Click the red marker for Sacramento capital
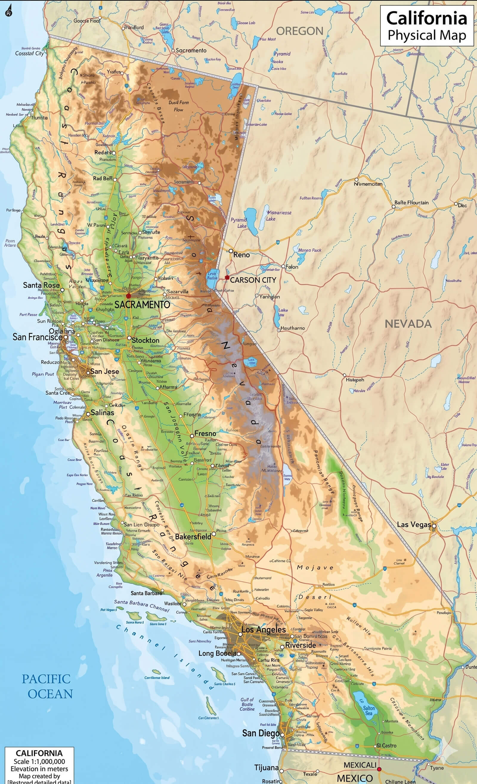(128, 296)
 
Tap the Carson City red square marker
(227, 278)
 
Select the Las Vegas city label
(413, 524)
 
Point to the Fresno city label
(205, 433)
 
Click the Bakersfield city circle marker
(213, 534)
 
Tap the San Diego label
(261, 733)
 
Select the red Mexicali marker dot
(379, 769)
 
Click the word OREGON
(299, 31)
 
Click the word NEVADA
(408, 324)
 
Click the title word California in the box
(426, 18)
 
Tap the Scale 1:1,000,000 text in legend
(39, 761)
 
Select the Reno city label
(241, 255)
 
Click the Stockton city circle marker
(129, 338)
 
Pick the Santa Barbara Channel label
(142, 605)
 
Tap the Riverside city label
(301, 645)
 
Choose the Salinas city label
(102, 412)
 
